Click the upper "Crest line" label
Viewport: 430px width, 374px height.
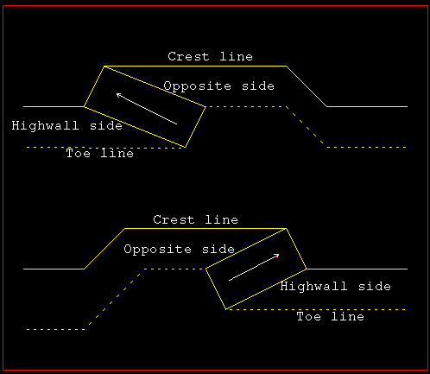[210, 56]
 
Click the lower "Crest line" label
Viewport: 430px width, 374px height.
[195, 219]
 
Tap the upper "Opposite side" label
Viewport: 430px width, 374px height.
[218, 86]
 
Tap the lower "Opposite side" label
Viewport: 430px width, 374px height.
[179, 250]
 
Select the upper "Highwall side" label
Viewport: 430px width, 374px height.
[67, 126]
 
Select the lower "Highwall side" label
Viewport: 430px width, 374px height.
[336, 286]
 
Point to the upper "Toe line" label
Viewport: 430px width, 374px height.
[100, 153]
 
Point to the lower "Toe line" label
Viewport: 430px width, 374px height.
[331, 316]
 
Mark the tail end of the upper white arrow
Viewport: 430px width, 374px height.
[177, 124]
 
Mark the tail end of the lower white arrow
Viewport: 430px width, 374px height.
[229, 280]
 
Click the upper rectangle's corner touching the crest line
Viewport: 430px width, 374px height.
[104, 67]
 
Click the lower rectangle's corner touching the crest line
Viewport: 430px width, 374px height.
[287, 229]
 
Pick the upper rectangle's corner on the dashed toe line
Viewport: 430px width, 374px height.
[185, 147]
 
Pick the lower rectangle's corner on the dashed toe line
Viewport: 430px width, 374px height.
[226, 309]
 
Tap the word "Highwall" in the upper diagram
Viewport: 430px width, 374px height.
[45, 126]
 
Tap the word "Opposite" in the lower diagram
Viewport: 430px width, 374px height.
[157, 250]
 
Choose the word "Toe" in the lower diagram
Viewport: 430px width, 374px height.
[308, 316]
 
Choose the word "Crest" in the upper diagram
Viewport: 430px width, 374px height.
[188, 56]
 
